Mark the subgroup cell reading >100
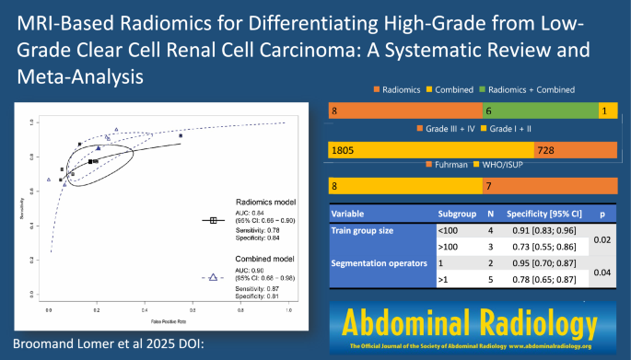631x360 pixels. coord(450,247)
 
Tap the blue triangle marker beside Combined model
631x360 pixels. coord(213,275)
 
